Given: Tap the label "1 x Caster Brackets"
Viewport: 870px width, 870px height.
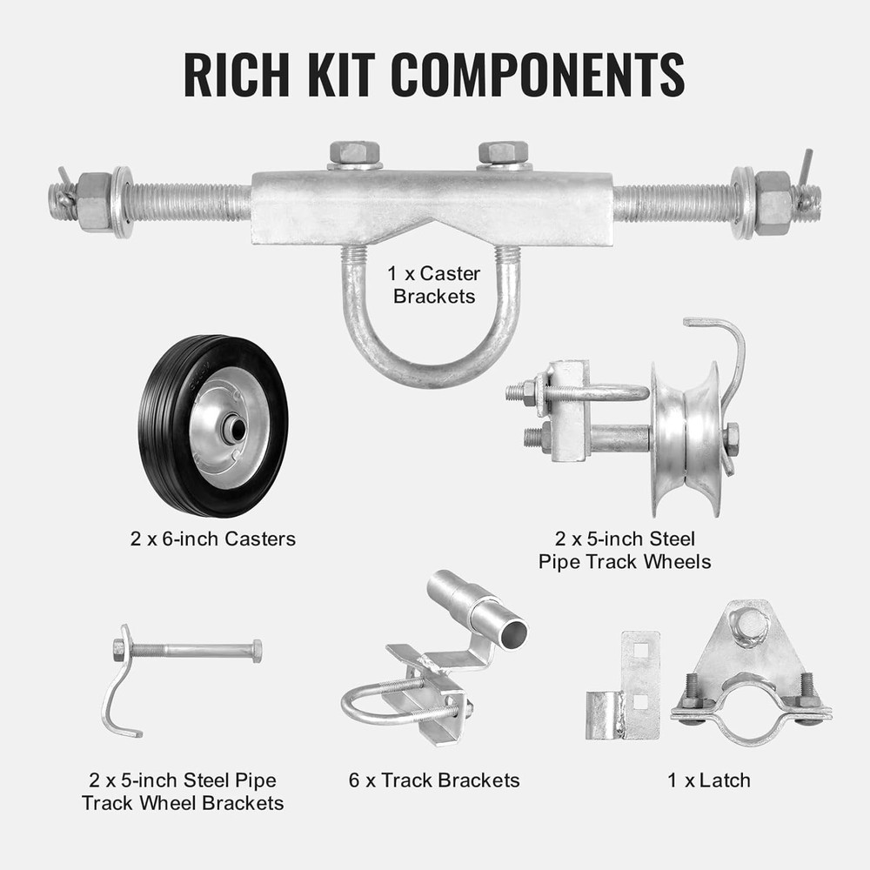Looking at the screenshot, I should pyautogui.click(x=434, y=284).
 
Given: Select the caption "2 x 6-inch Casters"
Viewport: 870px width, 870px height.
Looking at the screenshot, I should pyautogui.click(x=213, y=539).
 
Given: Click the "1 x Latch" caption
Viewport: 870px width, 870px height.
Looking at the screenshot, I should pyautogui.click(x=709, y=780).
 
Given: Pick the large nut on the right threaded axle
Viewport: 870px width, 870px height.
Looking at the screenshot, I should pyautogui.click(x=772, y=202).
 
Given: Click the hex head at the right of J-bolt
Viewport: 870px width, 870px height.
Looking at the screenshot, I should pyautogui.click(x=257, y=650).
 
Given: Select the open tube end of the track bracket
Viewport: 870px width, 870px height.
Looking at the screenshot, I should pyautogui.click(x=512, y=632).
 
